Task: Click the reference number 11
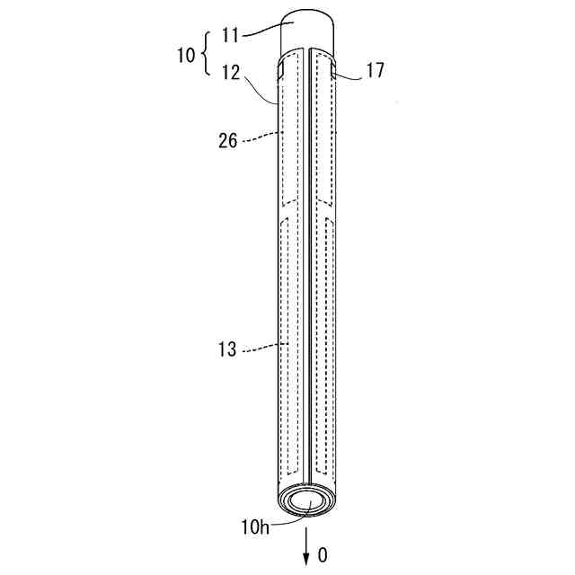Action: (x=230, y=36)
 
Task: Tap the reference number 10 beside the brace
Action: (x=186, y=56)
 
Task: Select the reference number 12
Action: (x=231, y=72)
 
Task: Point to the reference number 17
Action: (x=375, y=70)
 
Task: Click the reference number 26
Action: (x=227, y=140)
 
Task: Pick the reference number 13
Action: (x=227, y=349)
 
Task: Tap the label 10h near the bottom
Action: (x=255, y=527)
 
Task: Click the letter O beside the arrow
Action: (x=323, y=555)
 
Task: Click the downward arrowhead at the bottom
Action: (x=305, y=560)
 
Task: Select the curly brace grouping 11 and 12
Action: (x=206, y=54)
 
